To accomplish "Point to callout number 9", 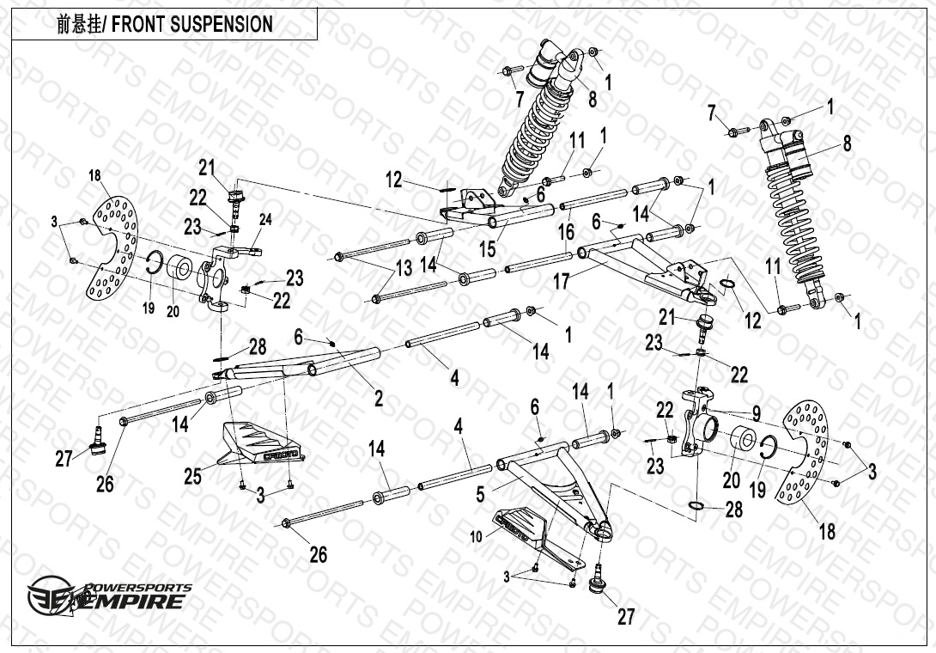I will click(756, 412).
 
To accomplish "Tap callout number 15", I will click(489, 250).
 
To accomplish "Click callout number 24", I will click(265, 220).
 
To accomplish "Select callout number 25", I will click(192, 475).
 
